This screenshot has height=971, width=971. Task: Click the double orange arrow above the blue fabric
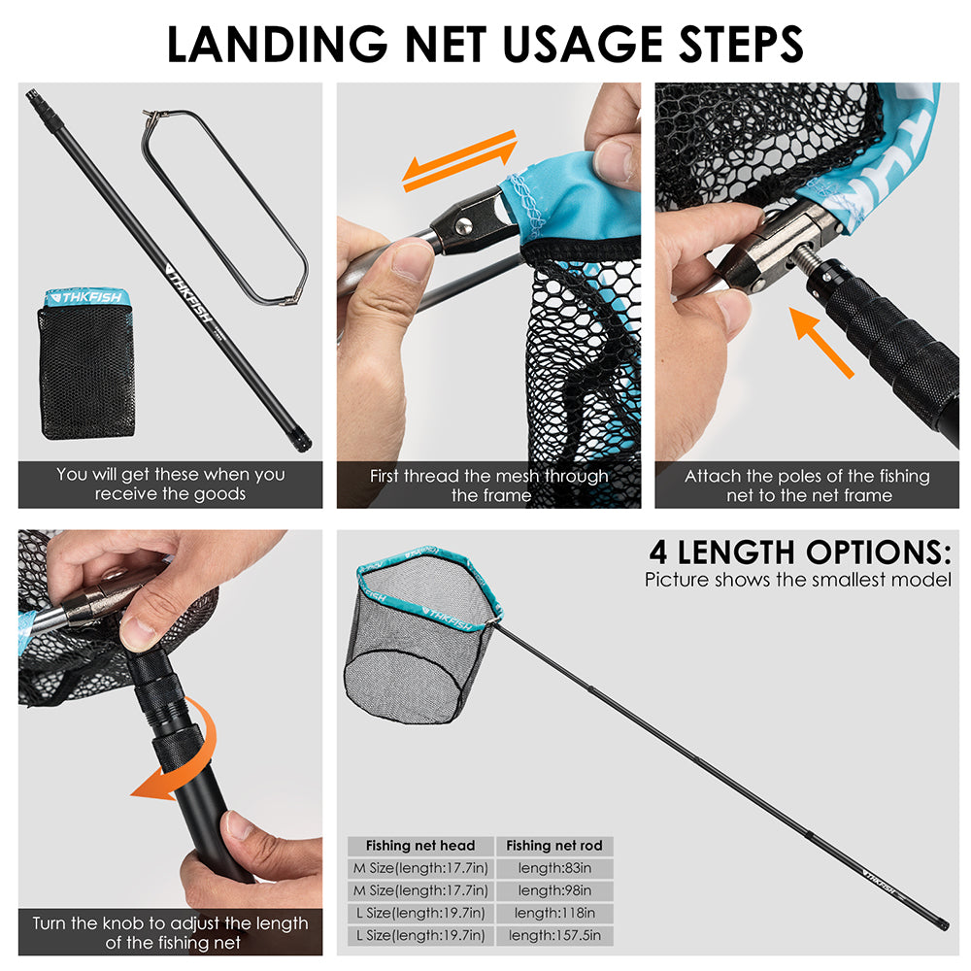[x=459, y=161]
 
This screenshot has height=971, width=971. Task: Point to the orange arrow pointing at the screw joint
[x=821, y=342]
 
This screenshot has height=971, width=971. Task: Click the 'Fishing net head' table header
[x=420, y=846]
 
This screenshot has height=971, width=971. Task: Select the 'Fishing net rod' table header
[x=554, y=846]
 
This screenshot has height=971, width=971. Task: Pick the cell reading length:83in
[x=554, y=867]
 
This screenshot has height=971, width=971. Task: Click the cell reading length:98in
[x=554, y=889]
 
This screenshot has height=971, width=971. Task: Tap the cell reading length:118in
[x=554, y=912]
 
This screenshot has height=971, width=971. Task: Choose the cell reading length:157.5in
[x=554, y=935]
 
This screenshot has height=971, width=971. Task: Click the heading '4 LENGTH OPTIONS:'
[x=800, y=552]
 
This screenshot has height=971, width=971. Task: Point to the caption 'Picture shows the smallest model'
[x=797, y=580]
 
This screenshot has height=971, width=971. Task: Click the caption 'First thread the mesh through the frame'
[x=489, y=485]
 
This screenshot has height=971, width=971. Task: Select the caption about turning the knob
[x=170, y=932]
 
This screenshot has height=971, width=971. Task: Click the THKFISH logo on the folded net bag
[x=86, y=297]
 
